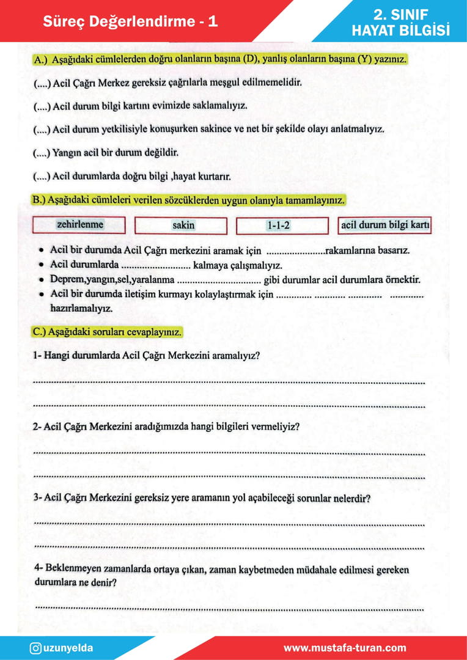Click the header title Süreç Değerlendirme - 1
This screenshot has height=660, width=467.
coord(130,22)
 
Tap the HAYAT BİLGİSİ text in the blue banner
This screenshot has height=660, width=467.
coord(400,30)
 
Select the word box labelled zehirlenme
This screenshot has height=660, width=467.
coord(79,225)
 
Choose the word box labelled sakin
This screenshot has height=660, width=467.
coord(181,226)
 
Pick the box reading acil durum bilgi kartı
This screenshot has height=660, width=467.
coord(385,226)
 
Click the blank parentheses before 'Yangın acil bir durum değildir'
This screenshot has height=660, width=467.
coord(42,153)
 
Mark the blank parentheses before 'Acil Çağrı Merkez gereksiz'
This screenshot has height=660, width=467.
coord(42,82)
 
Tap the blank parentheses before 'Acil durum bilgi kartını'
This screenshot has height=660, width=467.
coord(42,106)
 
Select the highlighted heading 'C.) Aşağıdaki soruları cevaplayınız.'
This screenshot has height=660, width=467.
coord(107,332)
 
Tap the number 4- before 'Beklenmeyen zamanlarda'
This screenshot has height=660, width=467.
coord(38,570)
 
